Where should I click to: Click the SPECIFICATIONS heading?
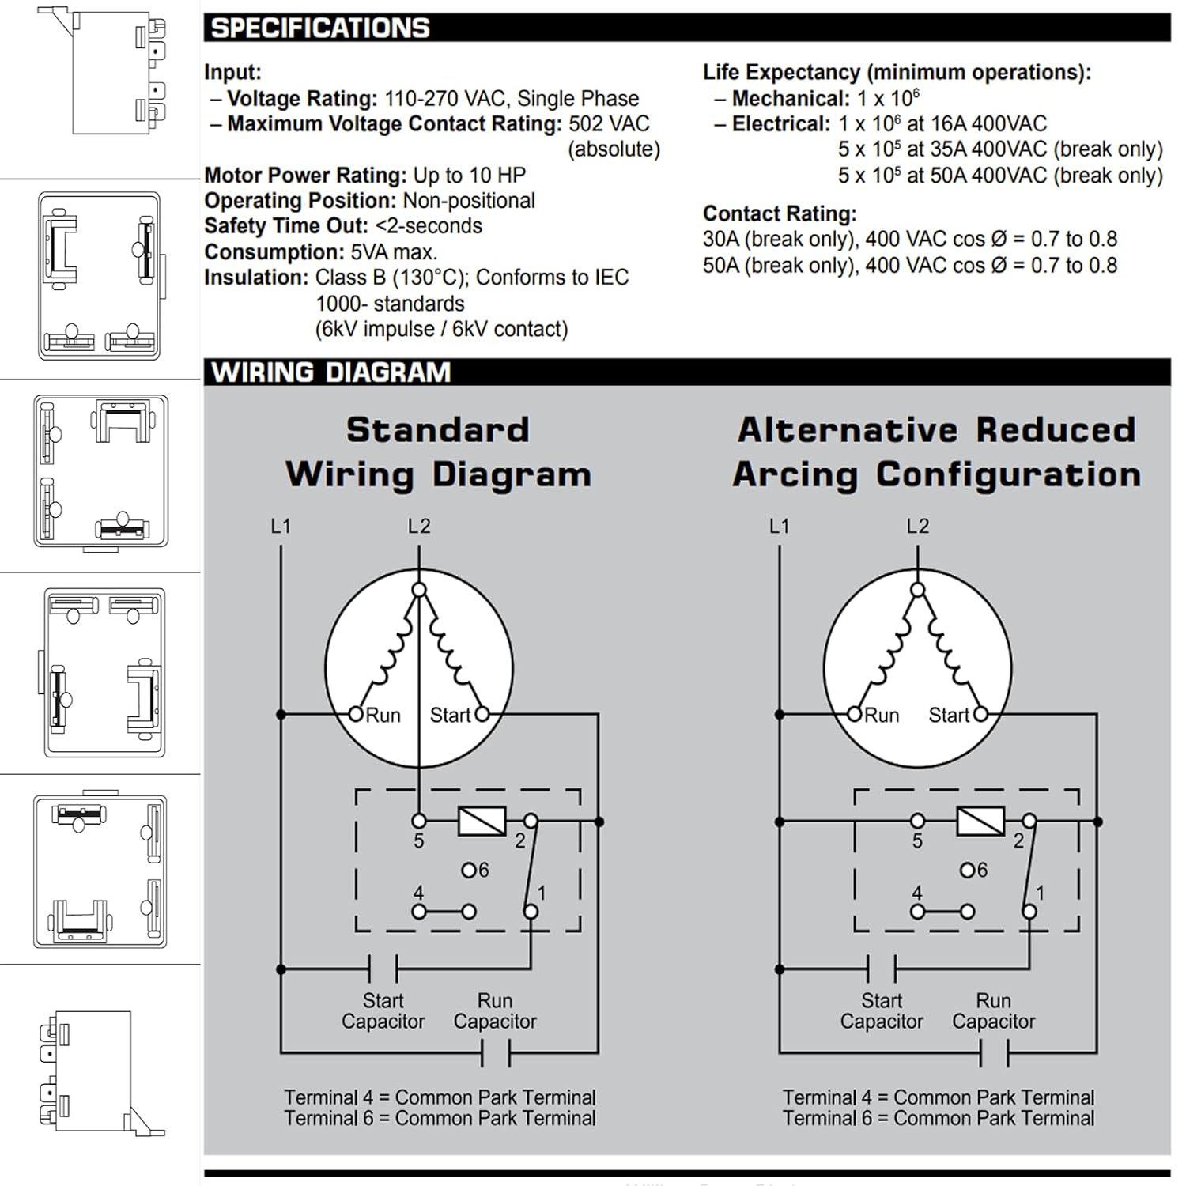tap(320, 28)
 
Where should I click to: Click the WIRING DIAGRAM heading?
tap(330, 372)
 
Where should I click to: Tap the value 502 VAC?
tap(609, 124)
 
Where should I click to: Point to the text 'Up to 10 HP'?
tap(470, 176)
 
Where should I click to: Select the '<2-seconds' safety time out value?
tap(429, 226)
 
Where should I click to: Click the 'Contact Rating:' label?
tap(780, 214)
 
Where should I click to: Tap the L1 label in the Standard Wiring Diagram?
tap(281, 527)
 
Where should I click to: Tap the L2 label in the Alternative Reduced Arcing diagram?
tap(918, 527)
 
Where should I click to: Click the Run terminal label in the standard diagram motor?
tap(383, 716)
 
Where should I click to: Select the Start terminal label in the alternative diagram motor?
tap(949, 716)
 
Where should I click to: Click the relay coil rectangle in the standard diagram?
tap(482, 822)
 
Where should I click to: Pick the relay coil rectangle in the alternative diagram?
tap(980, 822)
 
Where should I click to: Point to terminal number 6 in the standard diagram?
tap(483, 871)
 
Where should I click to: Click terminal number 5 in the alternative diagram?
tap(917, 841)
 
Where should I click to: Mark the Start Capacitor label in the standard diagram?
tap(383, 1011)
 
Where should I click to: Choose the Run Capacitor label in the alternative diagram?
tap(994, 1011)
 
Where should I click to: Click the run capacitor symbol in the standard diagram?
tap(496, 1053)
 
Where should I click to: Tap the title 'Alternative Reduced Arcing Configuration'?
tap(937, 452)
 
